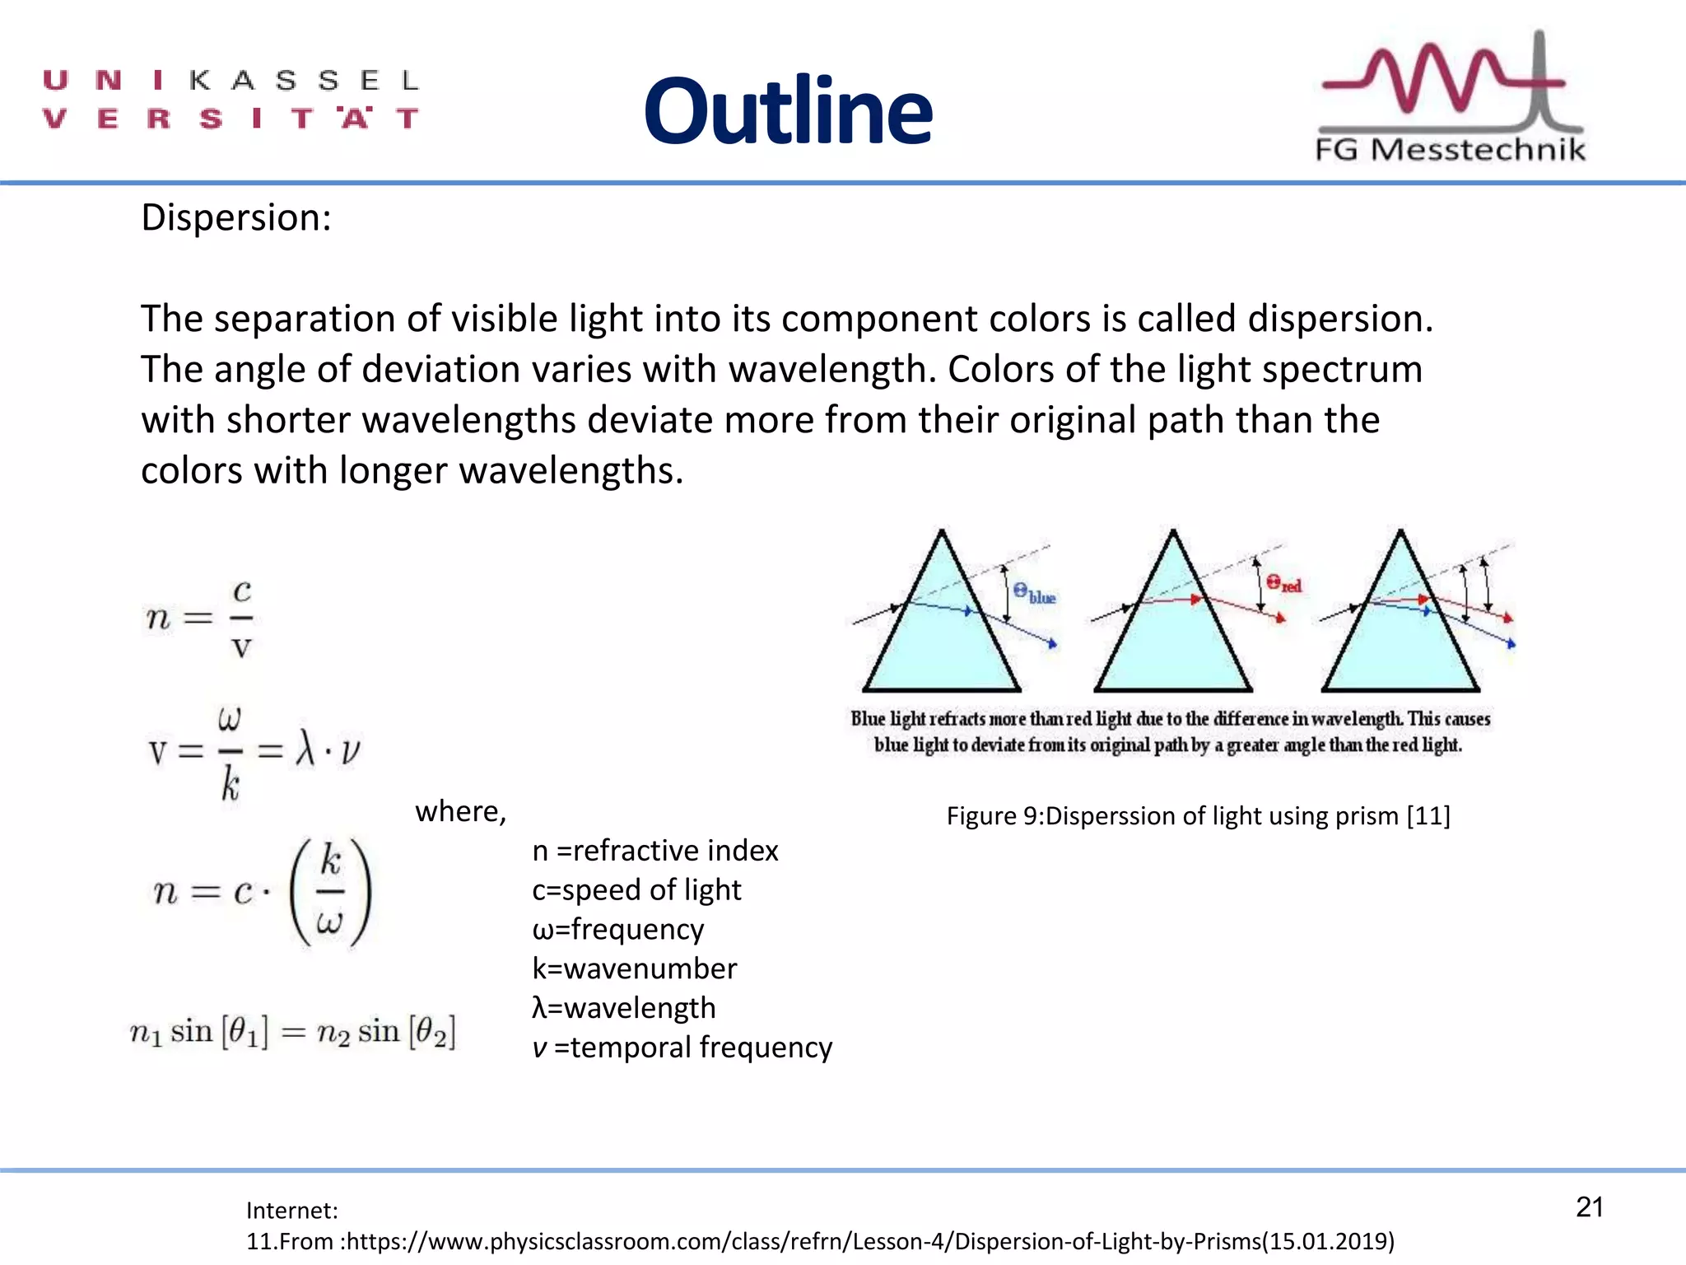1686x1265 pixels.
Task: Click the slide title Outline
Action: coord(788,111)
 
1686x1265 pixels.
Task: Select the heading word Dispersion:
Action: coord(236,218)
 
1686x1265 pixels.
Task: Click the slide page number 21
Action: coord(1589,1207)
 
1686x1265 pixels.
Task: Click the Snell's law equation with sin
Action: coord(292,1032)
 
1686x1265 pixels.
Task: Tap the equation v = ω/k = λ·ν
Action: coord(254,752)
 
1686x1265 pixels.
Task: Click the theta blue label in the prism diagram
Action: coord(1034,594)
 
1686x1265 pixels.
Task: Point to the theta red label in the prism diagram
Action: coord(1283,584)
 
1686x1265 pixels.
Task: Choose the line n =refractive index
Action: coord(655,850)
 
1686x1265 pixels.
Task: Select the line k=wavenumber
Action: coord(635,969)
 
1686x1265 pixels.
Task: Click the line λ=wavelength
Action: coord(624,1008)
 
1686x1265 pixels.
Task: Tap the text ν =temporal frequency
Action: coord(682,1048)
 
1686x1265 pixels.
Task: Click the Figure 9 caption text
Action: coord(1198,815)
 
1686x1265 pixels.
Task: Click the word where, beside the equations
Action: coord(460,812)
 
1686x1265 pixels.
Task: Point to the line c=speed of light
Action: coord(636,889)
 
